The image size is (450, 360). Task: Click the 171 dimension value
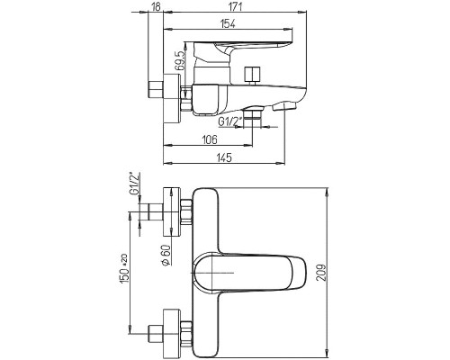point(235,6)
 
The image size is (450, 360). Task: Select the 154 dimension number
point(228,23)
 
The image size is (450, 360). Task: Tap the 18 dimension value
point(157,6)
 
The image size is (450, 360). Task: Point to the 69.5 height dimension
point(180,61)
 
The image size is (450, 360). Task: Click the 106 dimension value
point(209,139)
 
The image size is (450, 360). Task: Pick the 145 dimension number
point(224,157)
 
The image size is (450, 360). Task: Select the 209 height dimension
point(321,273)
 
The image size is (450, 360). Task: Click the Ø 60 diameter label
point(166,255)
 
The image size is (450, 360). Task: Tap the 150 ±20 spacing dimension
point(124,268)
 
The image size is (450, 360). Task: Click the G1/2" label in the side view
point(226,121)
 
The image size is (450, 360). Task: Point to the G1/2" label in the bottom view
point(135,184)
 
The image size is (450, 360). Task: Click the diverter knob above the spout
point(253,75)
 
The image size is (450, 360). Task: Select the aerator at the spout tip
point(284,106)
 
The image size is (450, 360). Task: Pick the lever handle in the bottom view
point(250,273)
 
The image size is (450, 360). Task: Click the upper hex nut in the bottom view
point(187,211)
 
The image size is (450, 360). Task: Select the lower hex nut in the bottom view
point(187,333)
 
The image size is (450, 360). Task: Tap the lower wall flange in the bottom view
point(172,334)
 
